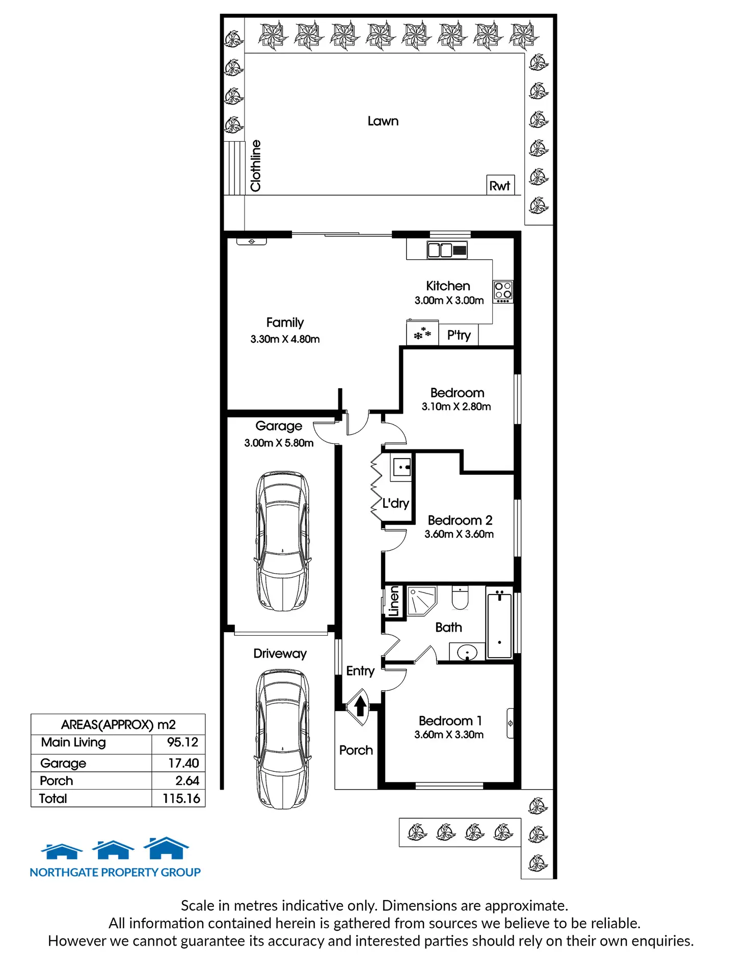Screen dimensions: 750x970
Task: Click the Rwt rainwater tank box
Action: [x=500, y=185]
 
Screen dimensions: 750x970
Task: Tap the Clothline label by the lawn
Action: [x=256, y=166]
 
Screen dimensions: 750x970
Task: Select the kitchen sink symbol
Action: [x=447, y=250]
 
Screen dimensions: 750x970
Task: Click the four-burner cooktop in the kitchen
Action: [x=503, y=291]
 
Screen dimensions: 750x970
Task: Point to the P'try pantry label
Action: [x=459, y=335]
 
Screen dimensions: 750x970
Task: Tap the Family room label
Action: [x=285, y=322]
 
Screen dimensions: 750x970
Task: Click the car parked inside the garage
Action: [x=283, y=541]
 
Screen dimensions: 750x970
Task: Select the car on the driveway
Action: [x=283, y=739]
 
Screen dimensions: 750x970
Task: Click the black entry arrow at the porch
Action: [x=360, y=706]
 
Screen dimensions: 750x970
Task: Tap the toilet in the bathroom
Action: [x=460, y=598]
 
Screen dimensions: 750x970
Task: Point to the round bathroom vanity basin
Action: [x=467, y=652]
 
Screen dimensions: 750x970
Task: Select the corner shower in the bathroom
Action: [x=422, y=601]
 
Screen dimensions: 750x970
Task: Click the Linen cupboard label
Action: [x=394, y=602]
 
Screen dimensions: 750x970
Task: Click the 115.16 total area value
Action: [x=181, y=798]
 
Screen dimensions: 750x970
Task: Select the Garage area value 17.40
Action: [x=183, y=763]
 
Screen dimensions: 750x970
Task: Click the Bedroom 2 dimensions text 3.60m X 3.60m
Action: [x=459, y=534]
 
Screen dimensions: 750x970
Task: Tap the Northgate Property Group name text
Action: [x=115, y=872]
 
